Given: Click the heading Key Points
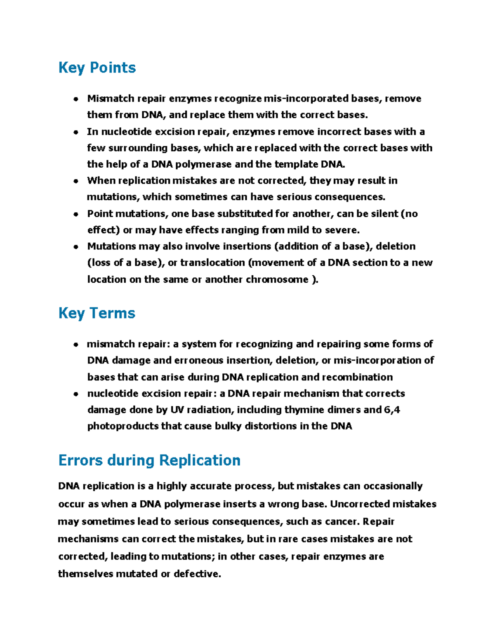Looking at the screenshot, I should coord(97,68).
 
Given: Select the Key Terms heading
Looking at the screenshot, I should coord(97,313).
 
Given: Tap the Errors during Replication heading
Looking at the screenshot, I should coord(149,460).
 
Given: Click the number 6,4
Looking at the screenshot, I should coord(392,410).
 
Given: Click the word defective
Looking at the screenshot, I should coord(197,574).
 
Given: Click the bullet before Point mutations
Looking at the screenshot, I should coord(75,214).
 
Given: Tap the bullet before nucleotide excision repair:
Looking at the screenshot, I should coord(75,394).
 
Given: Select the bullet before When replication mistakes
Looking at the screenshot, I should coord(75,181).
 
